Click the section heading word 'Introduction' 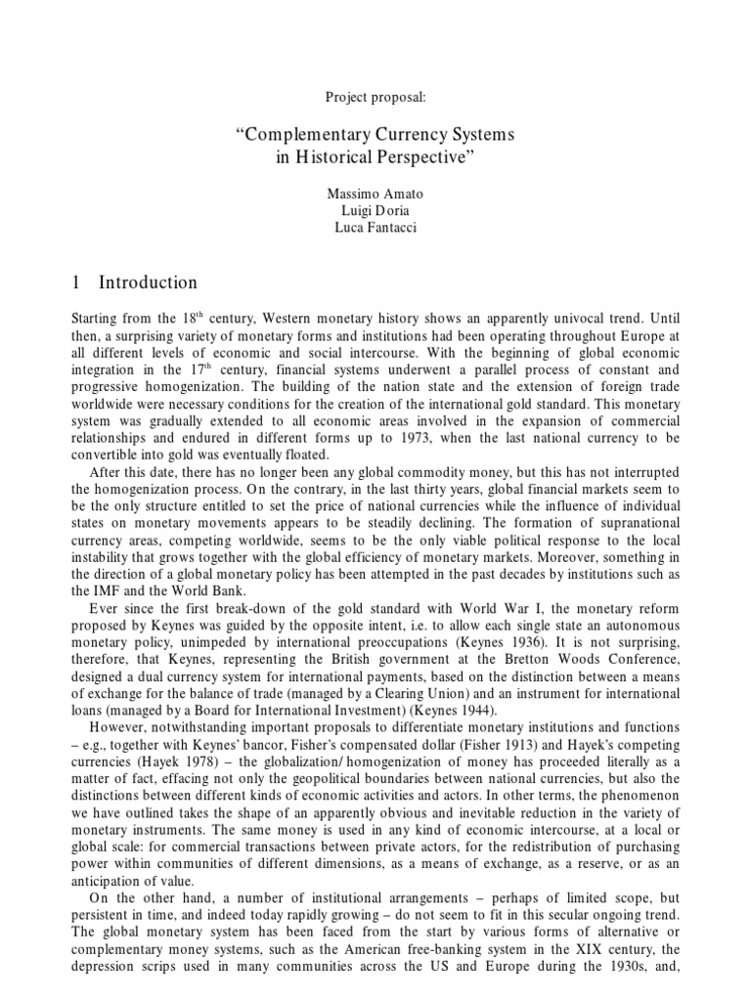[148, 283]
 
